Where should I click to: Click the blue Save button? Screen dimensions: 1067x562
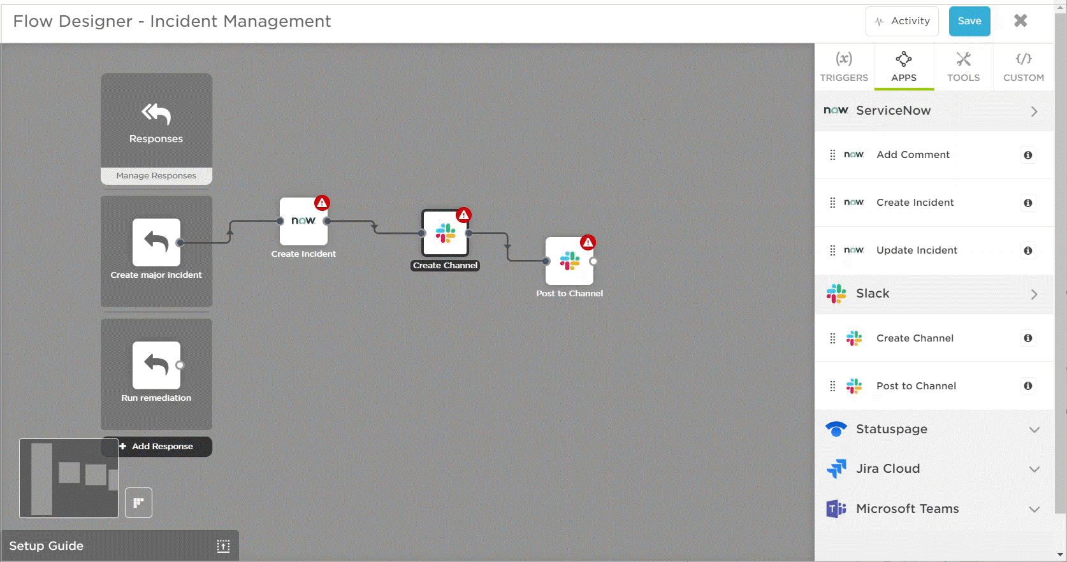pyautogui.click(x=969, y=22)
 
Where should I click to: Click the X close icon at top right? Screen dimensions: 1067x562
pyautogui.click(x=1020, y=20)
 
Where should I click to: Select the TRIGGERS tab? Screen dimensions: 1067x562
pyautogui.click(x=844, y=67)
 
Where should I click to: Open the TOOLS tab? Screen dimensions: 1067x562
pyautogui.click(x=963, y=67)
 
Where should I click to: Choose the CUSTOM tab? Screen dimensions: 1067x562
pyautogui.click(x=1023, y=67)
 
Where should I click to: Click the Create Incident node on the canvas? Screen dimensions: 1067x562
pyautogui.click(x=303, y=222)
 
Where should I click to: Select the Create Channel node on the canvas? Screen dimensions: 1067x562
pyautogui.click(x=446, y=233)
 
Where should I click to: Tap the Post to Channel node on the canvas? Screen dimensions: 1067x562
pyautogui.click(x=569, y=261)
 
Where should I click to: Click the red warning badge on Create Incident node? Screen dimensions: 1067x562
pyautogui.click(x=322, y=203)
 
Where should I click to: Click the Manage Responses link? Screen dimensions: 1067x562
pyautogui.click(x=156, y=175)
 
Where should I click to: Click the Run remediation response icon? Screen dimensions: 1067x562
pyautogui.click(x=156, y=365)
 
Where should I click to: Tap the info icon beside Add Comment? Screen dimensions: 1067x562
pyautogui.click(x=1028, y=155)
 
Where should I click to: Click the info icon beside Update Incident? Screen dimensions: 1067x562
pyautogui.click(x=1028, y=250)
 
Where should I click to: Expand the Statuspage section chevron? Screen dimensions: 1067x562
pyautogui.click(x=1034, y=429)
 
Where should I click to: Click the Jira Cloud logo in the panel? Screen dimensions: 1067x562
pyautogui.click(x=836, y=468)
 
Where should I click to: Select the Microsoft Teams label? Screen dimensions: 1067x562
pyautogui.click(x=908, y=508)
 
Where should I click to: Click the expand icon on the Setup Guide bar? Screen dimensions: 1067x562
pyautogui.click(x=223, y=546)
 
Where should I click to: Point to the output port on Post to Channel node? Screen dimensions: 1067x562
pyautogui.click(x=593, y=261)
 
